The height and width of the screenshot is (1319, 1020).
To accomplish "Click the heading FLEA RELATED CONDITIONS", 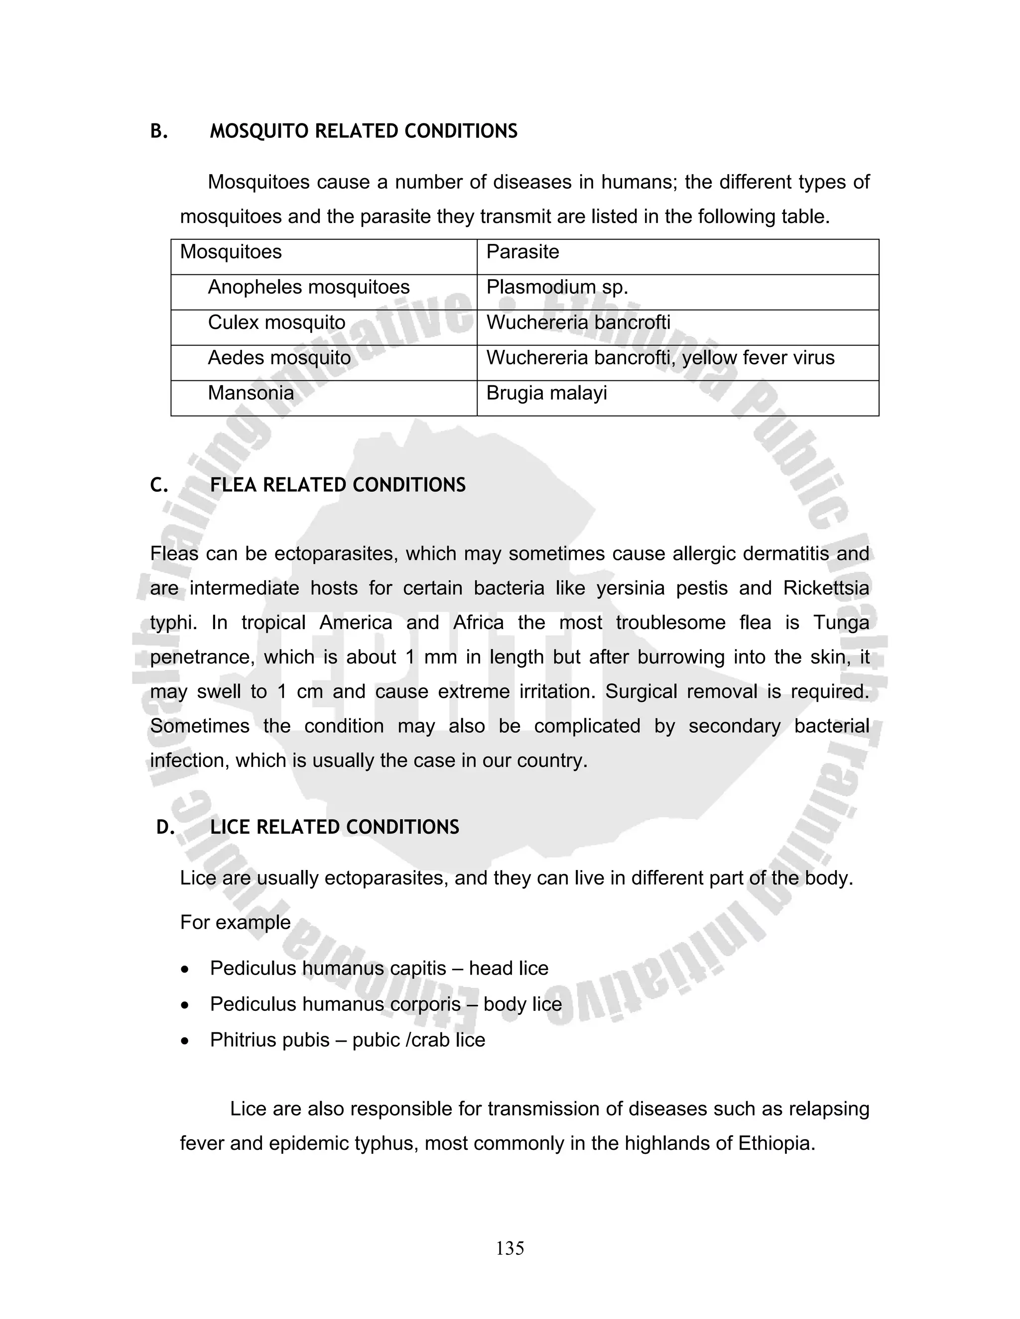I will (337, 485).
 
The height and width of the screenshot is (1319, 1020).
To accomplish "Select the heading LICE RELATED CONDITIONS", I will (334, 827).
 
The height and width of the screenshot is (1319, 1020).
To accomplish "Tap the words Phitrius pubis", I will (269, 1040).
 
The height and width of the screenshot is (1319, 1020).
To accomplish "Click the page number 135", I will (510, 1248).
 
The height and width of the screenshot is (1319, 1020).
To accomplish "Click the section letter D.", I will (164, 827).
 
